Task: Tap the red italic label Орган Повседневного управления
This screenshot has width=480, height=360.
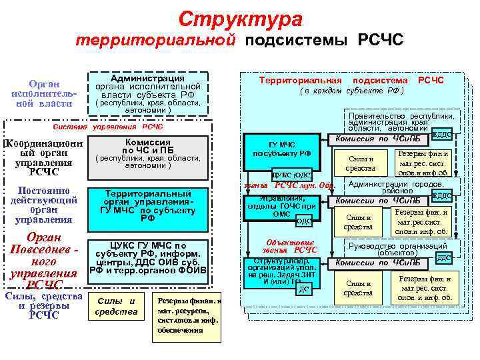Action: pos(41,261)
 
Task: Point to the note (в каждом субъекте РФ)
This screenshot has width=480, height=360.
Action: pos(351,91)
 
